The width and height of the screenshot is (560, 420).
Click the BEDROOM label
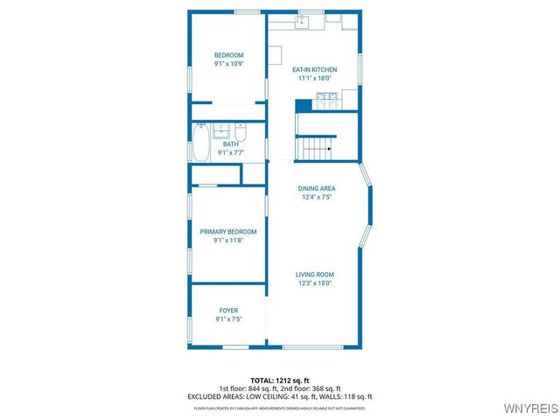pyautogui.click(x=227, y=56)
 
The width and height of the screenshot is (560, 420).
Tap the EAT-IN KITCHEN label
pyautogui.click(x=314, y=70)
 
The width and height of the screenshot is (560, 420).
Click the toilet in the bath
pyautogui.click(x=241, y=133)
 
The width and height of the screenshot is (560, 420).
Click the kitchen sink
pyautogui.click(x=302, y=22)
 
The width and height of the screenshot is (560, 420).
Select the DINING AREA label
pyautogui.click(x=317, y=188)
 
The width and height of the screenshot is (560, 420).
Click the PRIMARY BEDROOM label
pyautogui.click(x=227, y=232)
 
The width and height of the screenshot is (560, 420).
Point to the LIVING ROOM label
pyautogui.click(x=314, y=274)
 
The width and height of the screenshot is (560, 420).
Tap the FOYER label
pyautogui.click(x=227, y=311)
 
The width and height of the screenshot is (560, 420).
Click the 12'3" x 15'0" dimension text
pyautogui.click(x=314, y=283)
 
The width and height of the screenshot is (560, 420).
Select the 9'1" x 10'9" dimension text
pyautogui.click(x=227, y=65)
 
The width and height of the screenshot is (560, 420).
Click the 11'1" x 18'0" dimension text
pyautogui.click(x=314, y=79)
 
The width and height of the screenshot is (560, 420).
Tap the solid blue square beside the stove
pyautogui.click(x=304, y=105)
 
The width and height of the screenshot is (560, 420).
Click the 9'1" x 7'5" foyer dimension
pyautogui.click(x=227, y=319)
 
